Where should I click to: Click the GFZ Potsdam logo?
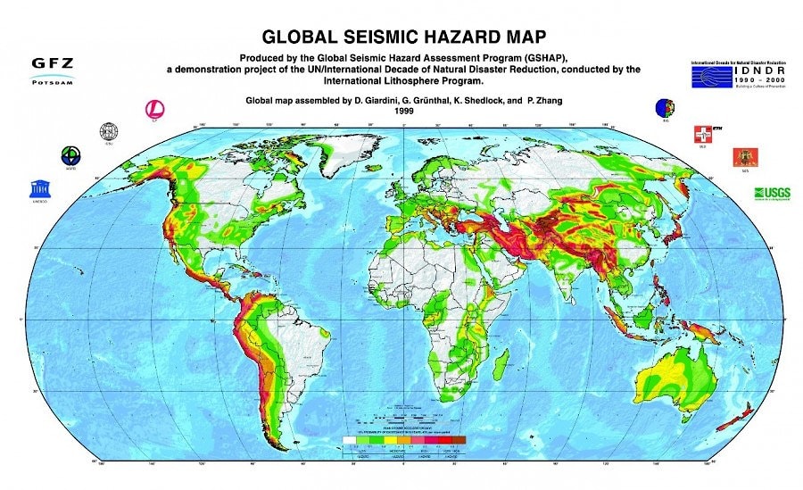click(52, 70)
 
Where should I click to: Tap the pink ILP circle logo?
click(155, 110)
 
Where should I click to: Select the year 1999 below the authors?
click(401, 112)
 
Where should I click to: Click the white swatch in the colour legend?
click(351, 442)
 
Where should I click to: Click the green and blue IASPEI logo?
click(69, 155)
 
